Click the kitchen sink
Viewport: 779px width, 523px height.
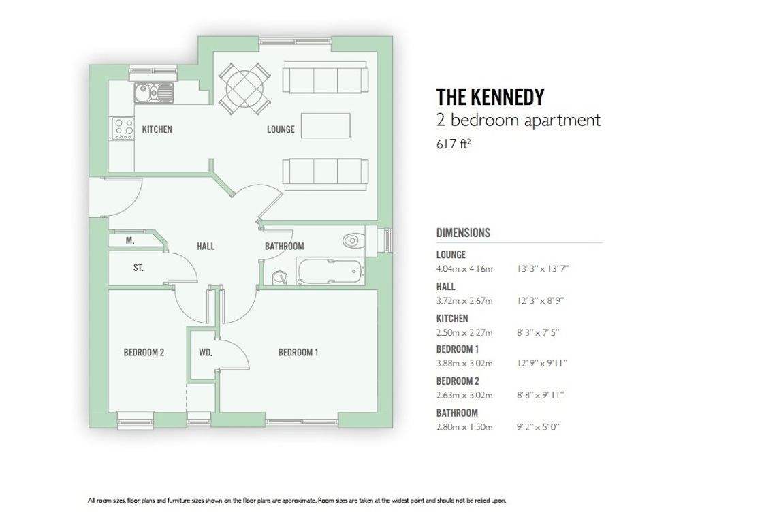click(x=154, y=93)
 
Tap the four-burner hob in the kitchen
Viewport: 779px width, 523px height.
click(x=123, y=128)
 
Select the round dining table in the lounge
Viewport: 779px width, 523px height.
click(x=244, y=89)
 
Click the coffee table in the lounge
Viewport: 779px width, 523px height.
click(x=325, y=126)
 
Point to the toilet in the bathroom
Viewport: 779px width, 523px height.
click(x=353, y=241)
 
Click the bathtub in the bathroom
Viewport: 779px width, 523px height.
click(x=330, y=270)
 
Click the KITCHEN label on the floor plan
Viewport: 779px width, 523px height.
click(x=157, y=129)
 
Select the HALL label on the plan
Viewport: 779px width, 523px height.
click(x=206, y=246)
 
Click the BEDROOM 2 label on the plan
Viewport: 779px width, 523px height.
click(x=144, y=353)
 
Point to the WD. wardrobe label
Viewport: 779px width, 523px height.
click(x=206, y=353)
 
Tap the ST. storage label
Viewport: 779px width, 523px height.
click(x=139, y=268)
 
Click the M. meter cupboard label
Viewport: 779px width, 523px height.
click(x=130, y=241)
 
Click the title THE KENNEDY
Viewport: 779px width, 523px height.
click(x=490, y=97)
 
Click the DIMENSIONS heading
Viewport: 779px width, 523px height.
click(x=463, y=232)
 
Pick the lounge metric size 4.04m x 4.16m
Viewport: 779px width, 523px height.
click(x=464, y=269)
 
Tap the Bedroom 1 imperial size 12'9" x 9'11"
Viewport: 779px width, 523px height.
click(x=542, y=363)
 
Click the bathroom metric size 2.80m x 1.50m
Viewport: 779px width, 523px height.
click(x=464, y=427)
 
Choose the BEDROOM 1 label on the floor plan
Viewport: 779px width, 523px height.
click(x=298, y=353)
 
